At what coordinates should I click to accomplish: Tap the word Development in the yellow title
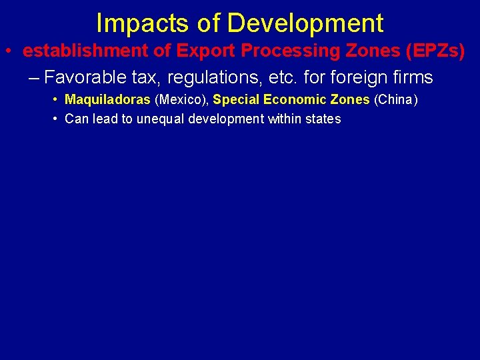[x=305, y=23]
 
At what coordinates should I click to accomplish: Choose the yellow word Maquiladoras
[x=107, y=100]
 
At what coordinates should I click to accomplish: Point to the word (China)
[x=396, y=100]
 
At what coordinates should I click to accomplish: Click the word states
[x=325, y=119]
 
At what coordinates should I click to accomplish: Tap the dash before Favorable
[x=34, y=78]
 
